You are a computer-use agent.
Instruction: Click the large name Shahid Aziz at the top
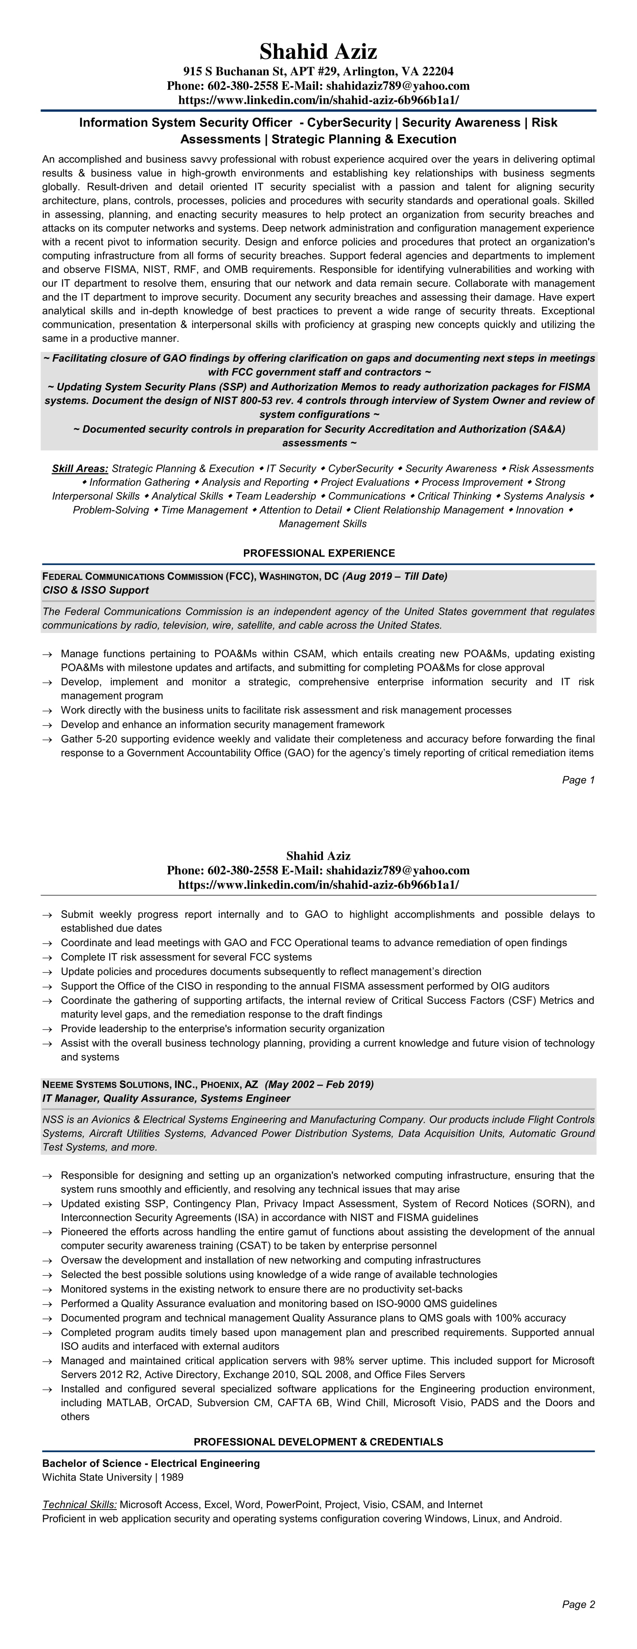point(318,51)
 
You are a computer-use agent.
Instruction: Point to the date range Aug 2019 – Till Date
point(395,576)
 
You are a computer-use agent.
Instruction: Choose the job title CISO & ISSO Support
point(96,590)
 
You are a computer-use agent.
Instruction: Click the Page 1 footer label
point(578,780)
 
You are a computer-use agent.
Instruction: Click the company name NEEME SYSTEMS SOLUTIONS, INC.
point(118,1084)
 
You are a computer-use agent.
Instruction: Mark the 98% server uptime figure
point(341,1360)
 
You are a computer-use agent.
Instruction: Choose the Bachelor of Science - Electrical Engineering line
point(151,1463)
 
